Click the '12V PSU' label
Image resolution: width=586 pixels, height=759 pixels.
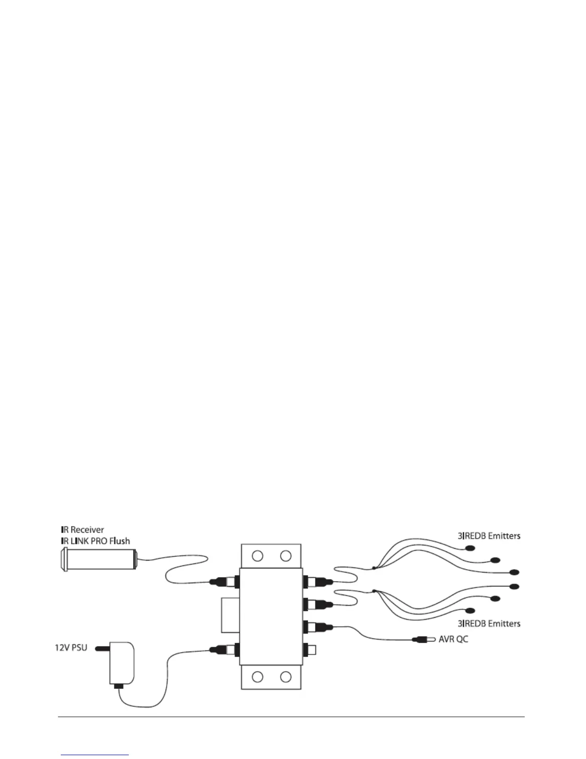coord(70,648)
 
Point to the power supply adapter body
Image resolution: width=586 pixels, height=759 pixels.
coord(122,664)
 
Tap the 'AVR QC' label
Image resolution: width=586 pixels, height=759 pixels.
coord(453,639)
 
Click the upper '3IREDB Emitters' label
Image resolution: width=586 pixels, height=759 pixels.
coord(488,536)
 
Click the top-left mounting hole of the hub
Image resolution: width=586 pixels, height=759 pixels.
coord(258,556)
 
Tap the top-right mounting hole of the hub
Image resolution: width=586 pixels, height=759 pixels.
coord(286,556)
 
